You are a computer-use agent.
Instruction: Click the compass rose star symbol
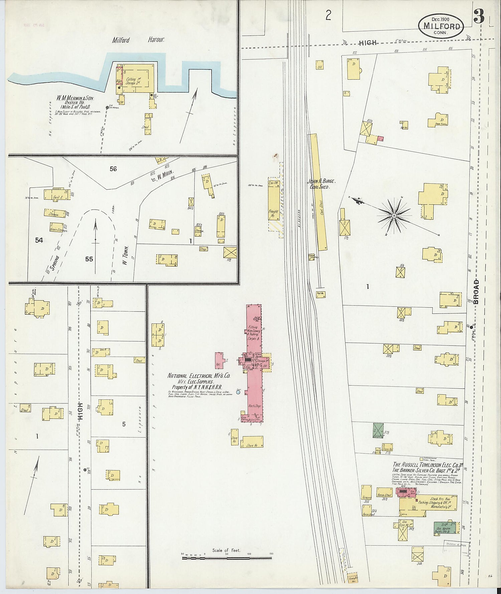point(394,216)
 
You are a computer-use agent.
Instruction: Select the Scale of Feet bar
point(227,558)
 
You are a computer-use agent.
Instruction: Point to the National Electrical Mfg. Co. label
point(199,376)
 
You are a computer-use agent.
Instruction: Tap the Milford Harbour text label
point(138,40)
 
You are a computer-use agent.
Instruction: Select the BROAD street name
point(476,291)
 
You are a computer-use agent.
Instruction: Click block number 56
point(113,169)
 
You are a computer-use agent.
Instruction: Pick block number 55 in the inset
point(89,259)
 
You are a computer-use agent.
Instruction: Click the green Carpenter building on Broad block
point(377,430)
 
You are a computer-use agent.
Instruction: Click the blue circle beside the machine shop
point(238,392)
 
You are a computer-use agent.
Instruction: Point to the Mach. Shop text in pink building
point(254,406)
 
